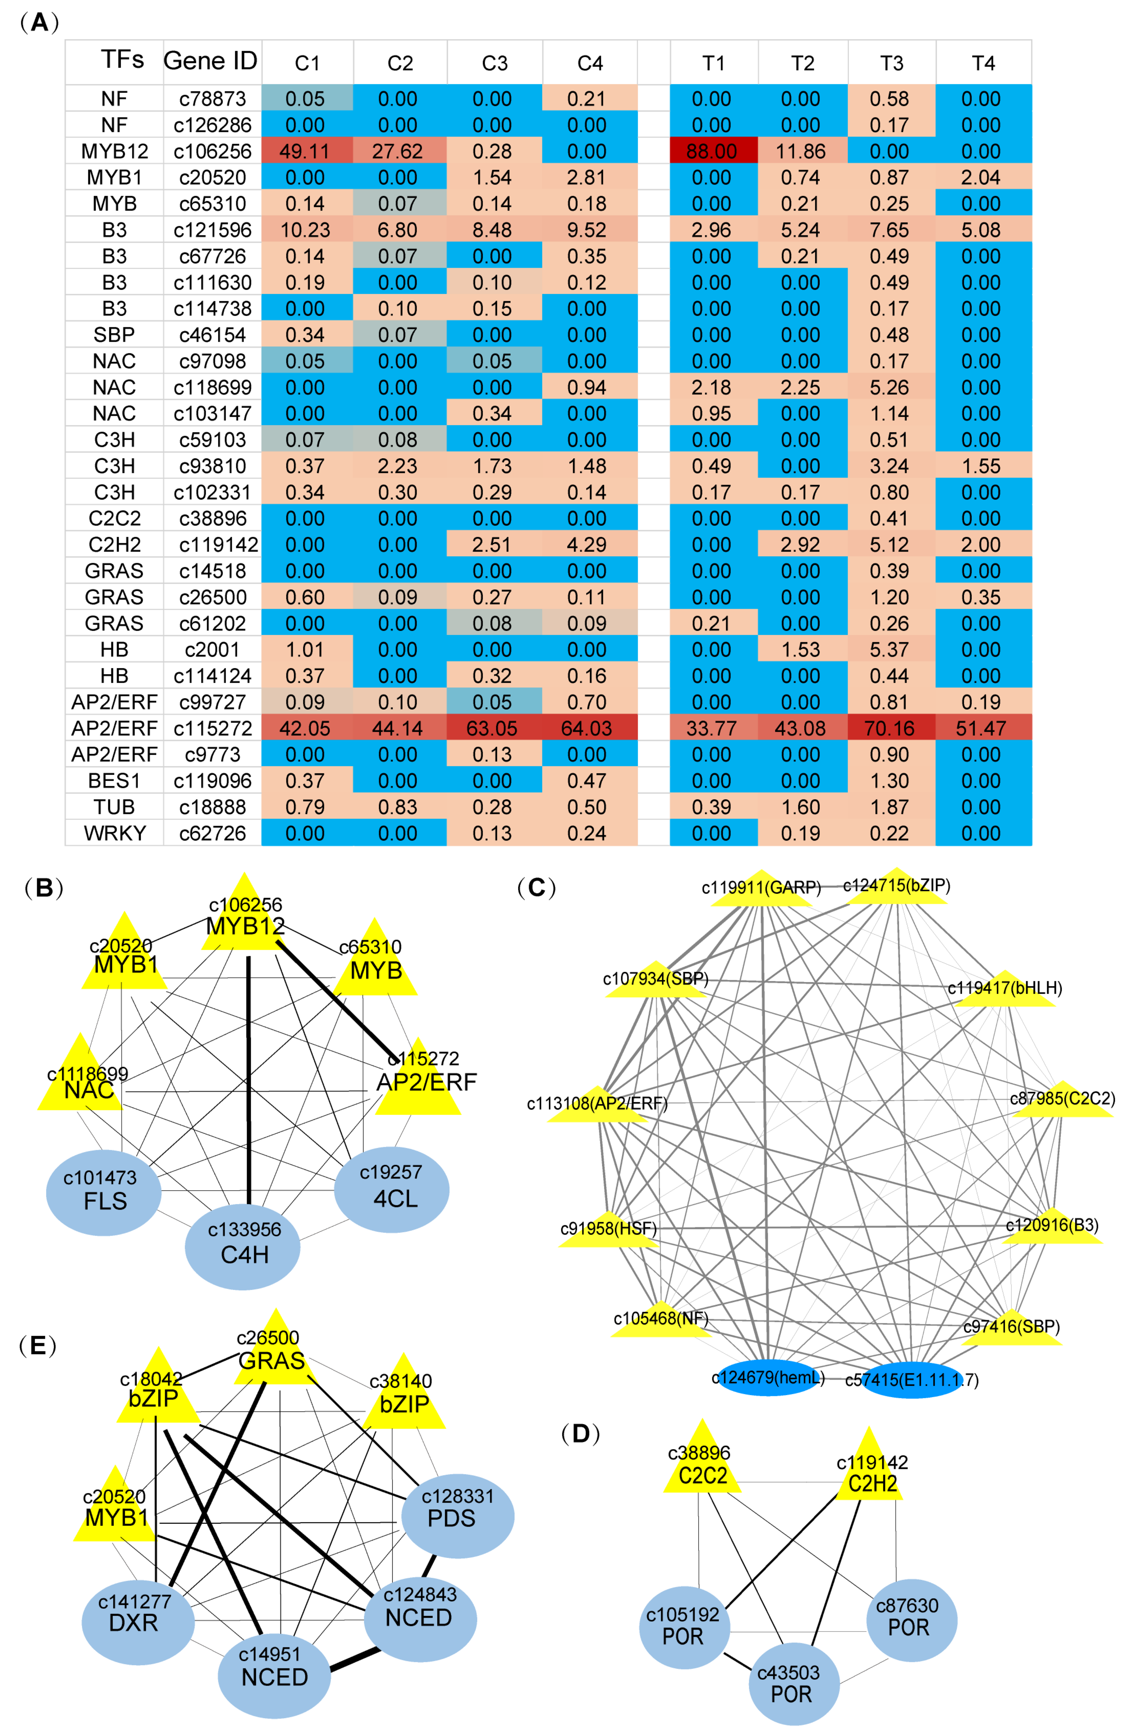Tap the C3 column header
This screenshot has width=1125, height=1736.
pos(494,64)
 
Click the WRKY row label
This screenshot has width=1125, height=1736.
pos(114,833)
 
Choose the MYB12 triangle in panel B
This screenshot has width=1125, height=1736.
pos(244,921)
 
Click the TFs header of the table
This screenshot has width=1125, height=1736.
pos(122,60)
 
